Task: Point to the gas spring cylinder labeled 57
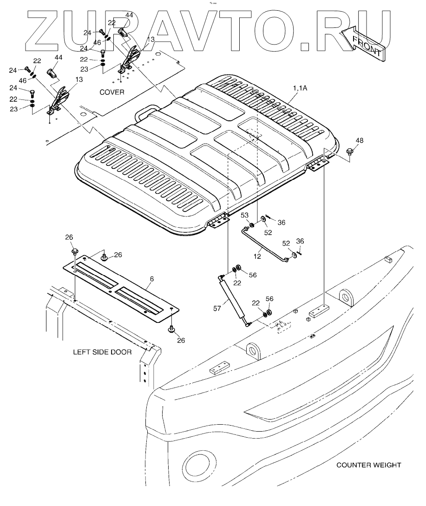pos(233,297)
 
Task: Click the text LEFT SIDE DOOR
pos(102,352)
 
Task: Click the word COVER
pos(112,92)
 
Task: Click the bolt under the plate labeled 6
pos(172,329)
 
